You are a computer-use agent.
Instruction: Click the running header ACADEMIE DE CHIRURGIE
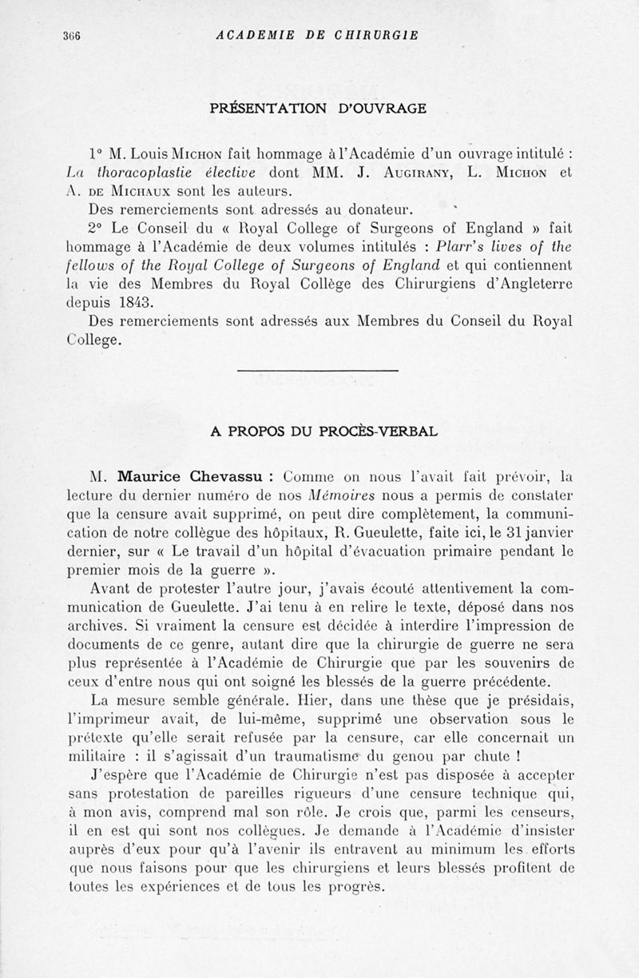(318, 35)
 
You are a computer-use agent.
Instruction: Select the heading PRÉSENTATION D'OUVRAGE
(319, 108)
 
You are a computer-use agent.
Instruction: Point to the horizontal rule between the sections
(319, 370)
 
